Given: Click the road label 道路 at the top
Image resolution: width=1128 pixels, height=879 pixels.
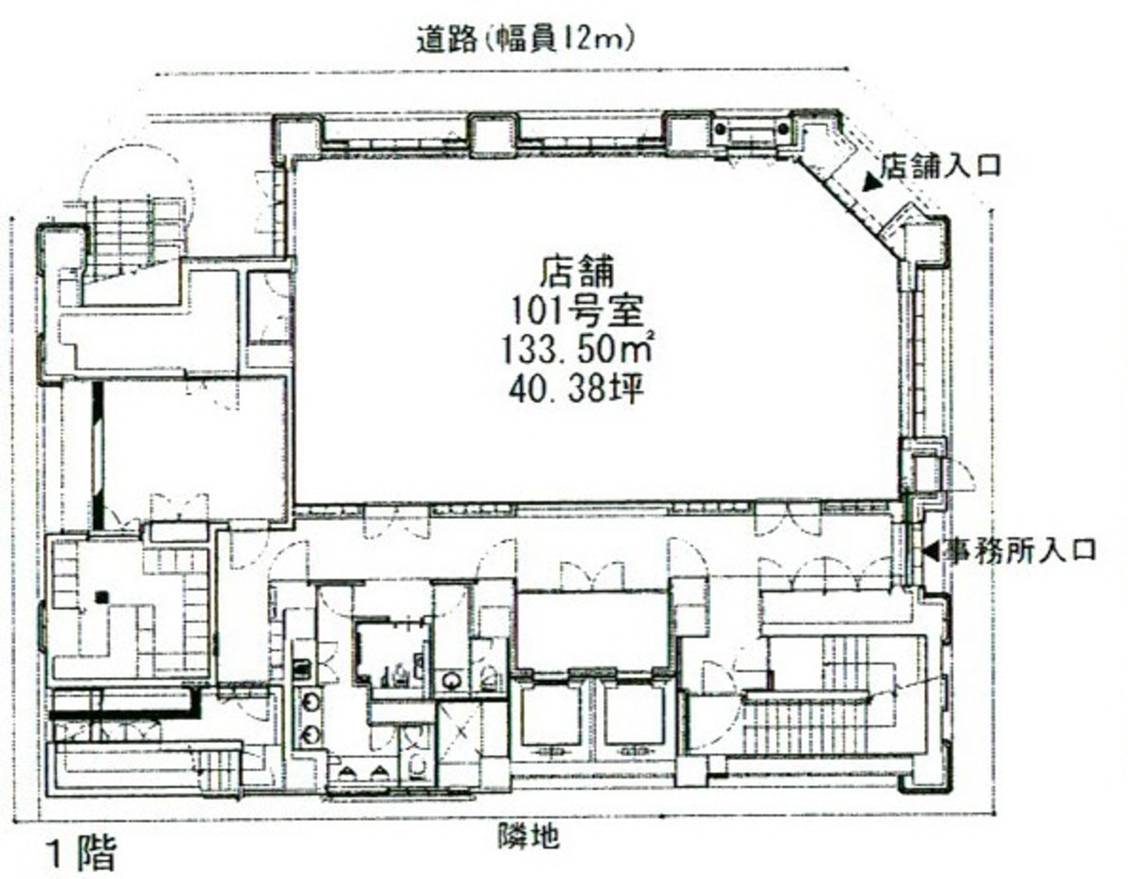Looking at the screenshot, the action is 446,40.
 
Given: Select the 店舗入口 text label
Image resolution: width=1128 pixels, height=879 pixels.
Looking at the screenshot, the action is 940,166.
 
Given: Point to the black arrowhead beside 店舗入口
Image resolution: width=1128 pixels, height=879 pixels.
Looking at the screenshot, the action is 870,184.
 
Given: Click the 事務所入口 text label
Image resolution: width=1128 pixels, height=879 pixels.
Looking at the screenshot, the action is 1018,550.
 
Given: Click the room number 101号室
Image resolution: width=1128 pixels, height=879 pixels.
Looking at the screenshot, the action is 577,310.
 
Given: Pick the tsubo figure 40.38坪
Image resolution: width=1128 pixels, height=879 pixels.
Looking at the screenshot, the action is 576,389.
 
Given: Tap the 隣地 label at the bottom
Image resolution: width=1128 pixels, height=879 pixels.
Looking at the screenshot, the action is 529,836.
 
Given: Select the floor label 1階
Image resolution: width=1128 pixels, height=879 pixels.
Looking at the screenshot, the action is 81,854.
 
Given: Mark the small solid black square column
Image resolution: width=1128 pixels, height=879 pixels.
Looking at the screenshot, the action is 103,598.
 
